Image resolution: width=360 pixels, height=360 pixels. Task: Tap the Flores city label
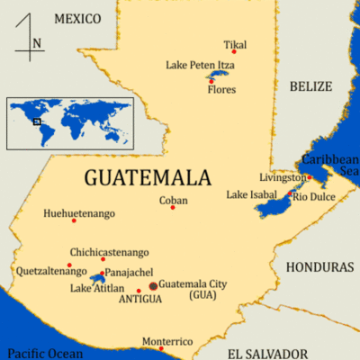tap(221, 91)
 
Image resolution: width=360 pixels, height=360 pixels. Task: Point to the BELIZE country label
tap(311, 85)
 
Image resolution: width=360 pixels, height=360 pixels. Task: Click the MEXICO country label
tap(78, 18)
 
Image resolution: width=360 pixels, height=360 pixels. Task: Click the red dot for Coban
tap(173, 208)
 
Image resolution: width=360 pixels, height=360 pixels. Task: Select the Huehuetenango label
tap(79, 213)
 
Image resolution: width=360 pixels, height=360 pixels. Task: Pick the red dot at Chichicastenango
tap(103, 259)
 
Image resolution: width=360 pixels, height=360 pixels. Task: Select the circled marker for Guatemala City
tap(153, 285)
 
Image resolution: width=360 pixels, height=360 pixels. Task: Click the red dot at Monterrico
tap(137, 338)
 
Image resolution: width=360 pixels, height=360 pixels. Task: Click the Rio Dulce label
tap(315, 196)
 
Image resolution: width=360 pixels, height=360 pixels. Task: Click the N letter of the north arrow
tap(36, 42)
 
